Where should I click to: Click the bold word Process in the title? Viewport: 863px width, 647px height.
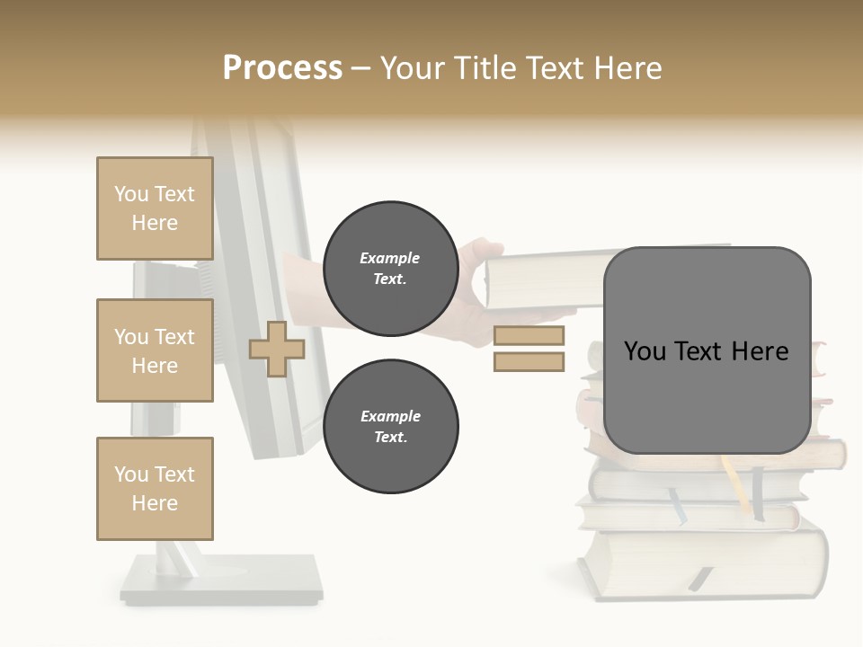click(282, 67)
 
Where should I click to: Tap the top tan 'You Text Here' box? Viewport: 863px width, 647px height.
click(155, 208)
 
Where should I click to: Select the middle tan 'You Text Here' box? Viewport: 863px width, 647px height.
click(155, 350)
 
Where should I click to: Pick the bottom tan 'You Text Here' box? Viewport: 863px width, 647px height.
click(155, 489)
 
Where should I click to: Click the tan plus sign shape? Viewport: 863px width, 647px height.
click(277, 349)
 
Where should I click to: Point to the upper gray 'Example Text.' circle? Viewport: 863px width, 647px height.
click(390, 269)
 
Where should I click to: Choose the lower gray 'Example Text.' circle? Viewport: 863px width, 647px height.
click(390, 427)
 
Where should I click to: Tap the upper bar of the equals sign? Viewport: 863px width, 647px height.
click(529, 336)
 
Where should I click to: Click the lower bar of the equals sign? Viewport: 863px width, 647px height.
click(529, 362)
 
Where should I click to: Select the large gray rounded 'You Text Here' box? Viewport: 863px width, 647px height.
click(707, 350)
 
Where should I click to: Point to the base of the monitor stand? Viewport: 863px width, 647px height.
click(221, 580)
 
